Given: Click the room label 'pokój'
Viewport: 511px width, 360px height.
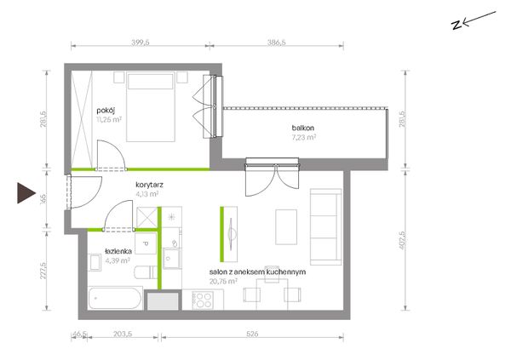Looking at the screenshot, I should click(x=105, y=110).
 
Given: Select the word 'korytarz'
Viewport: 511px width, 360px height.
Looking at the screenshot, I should click(x=148, y=183).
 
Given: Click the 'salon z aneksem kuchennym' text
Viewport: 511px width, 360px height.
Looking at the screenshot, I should click(x=256, y=271).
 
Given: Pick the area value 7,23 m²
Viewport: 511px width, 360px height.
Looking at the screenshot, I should click(x=304, y=136).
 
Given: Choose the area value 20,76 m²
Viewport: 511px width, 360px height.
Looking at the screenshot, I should click(x=224, y=280).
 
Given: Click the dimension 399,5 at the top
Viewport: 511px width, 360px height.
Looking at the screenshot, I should click(x=140, y=40).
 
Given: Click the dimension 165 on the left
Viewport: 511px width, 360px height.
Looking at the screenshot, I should click(x=43, y=203).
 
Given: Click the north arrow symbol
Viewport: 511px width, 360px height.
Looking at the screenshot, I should click(x=473, y=19).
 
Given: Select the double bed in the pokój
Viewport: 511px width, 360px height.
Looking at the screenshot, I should click(x=152, y=107).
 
